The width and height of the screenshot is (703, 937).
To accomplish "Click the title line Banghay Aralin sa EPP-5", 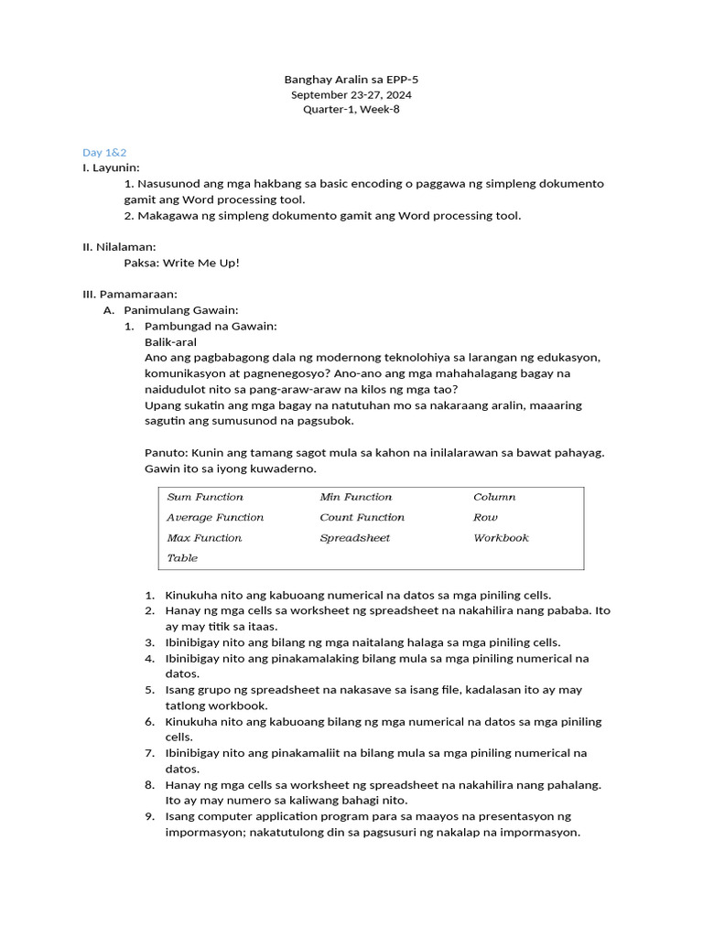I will tap(351, 80).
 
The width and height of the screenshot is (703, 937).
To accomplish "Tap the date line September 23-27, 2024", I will tap(351, 94).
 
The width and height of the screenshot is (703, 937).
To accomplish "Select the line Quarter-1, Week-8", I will tap(351, 110).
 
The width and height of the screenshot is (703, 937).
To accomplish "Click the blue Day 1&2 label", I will tap(104, 152).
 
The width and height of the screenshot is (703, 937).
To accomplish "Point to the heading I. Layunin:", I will tap(112, 167).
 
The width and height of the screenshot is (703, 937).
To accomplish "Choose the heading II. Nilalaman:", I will tap(119, 247).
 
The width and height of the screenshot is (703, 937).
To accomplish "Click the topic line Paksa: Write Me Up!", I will tap(181, 263).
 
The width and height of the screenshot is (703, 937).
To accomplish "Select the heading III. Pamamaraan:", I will tap(130, 294).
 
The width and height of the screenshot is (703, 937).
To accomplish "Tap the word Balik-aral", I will tap(171, 341).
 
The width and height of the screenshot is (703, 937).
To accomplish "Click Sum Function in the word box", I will tap(205, 497).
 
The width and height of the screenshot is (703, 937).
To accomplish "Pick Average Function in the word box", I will tap(215, 517).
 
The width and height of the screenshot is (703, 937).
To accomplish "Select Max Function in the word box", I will tap(204, 538).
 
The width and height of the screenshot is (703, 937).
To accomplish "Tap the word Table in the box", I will tap(182, 558).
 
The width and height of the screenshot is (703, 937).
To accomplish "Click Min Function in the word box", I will tap(356, 497).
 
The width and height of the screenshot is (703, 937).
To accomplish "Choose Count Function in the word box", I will tap(362, 517).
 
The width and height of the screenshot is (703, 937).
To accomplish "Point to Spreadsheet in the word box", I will tap(355, 538).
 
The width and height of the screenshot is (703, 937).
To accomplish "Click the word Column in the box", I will tap(494, 497).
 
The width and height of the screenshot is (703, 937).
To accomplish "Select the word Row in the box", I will tap(485, 517).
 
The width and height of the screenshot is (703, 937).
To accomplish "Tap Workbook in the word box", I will tap(501, 538).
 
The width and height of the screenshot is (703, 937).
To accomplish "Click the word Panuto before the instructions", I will tap(164, 453).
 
